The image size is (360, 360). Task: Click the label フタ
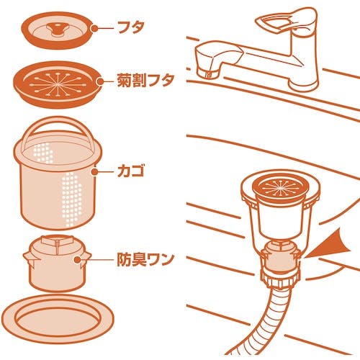(131, 28)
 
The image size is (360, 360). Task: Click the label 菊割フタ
(145, 81)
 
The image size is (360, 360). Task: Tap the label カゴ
(131, 171)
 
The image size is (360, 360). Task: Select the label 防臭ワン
(145, 259)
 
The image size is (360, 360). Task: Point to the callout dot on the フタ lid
(94, 28)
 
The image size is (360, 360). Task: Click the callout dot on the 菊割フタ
(101, 81)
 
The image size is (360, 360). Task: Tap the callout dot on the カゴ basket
(95, 172)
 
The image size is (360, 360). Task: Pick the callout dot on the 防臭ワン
(77, 260)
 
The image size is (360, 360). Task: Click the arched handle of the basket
(58, 120)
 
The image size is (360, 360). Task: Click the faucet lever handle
(287, 19)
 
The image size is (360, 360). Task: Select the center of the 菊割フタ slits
(58, 84)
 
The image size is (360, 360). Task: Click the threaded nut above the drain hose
(280, 279)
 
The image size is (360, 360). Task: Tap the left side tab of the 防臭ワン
(28, 258)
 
